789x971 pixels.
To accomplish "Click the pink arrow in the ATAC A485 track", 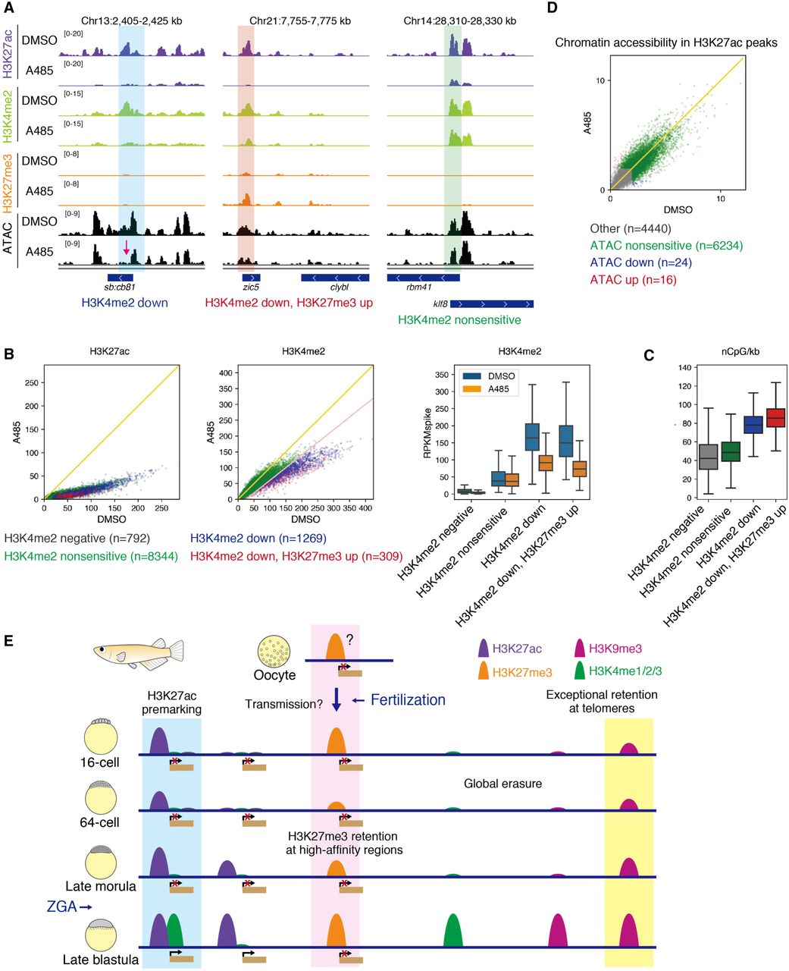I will point(127,247).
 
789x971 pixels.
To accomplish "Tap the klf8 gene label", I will point(439,303).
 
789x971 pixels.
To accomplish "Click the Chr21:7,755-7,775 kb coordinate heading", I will point(300,20).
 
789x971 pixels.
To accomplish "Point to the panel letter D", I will point(551,8).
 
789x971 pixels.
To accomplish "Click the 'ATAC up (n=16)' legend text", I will point(633,280).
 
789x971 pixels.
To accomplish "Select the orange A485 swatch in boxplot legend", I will point(472,389).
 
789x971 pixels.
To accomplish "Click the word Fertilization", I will point(408,699).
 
